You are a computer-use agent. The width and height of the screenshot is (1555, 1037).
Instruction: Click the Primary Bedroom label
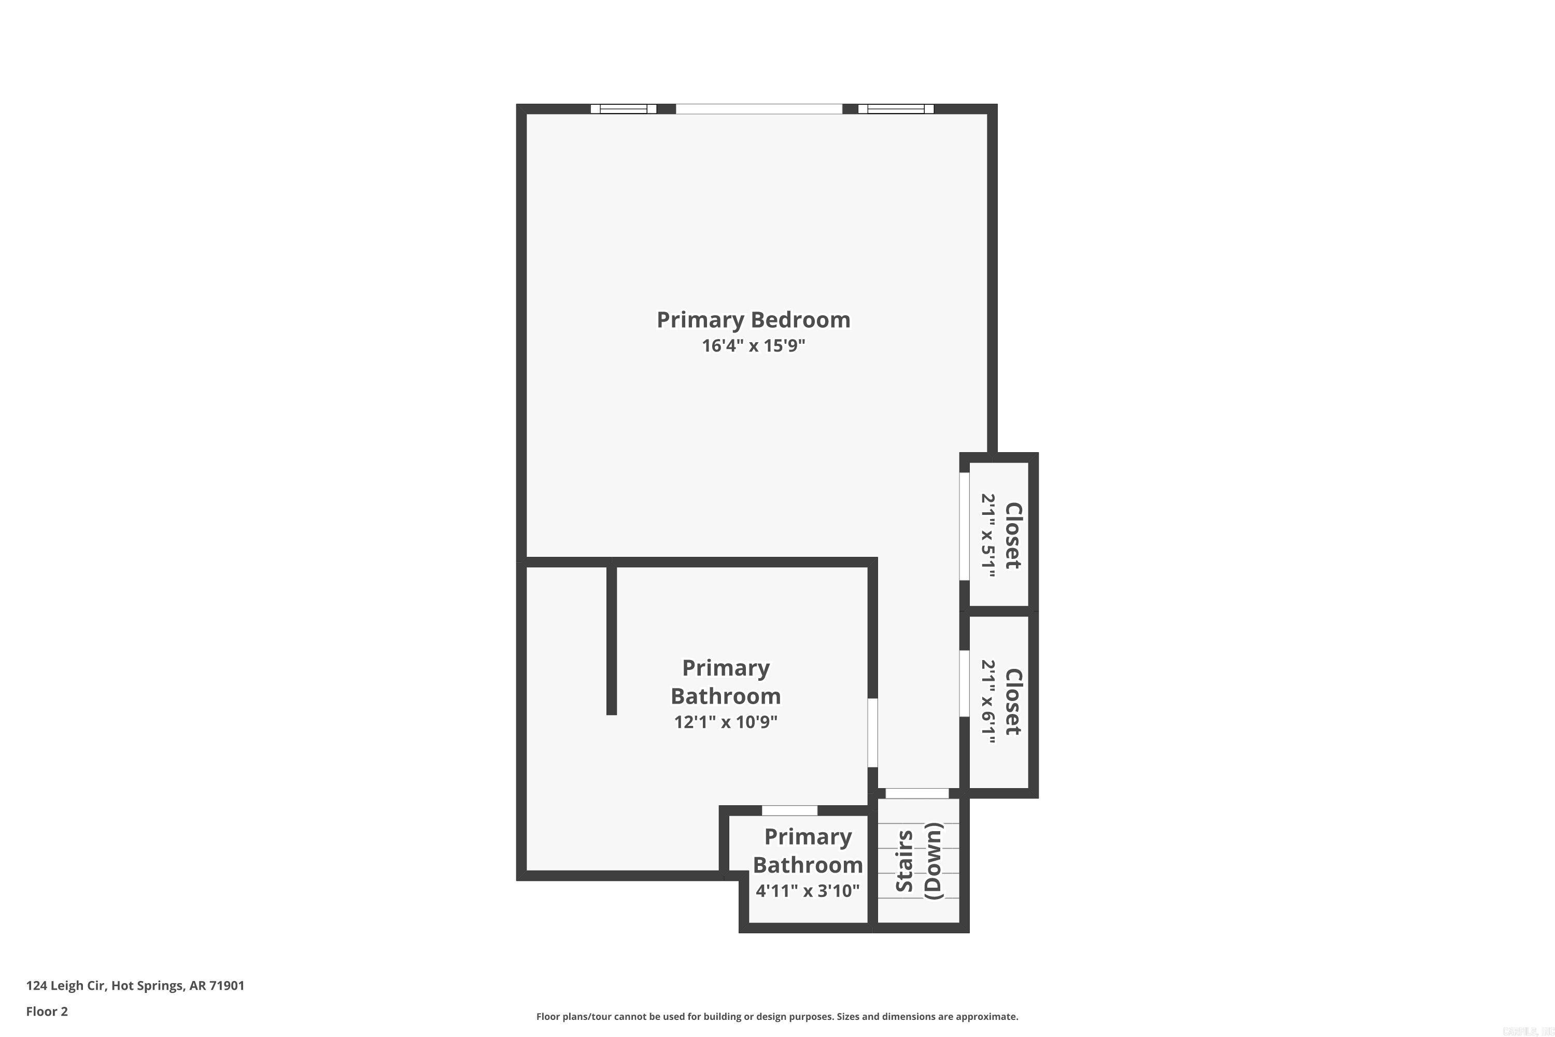click(753, 320)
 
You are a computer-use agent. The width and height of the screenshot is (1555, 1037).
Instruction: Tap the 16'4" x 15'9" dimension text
click(753, 346)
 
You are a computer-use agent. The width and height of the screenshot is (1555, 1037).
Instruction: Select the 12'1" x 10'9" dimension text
click(725, 722)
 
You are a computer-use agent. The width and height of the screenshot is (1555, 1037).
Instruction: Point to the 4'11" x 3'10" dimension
click(807, 891)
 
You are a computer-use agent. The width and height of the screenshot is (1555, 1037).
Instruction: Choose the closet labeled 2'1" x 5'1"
click(999, 535)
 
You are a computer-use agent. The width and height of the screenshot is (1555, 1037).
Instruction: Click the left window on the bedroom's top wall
click(624, 109)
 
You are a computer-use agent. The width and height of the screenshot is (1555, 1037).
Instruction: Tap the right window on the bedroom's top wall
click(896, 109)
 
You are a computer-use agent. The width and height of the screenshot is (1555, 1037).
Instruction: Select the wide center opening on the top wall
click(759, 109)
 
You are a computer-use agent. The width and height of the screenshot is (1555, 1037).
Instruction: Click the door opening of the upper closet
click(965, 526)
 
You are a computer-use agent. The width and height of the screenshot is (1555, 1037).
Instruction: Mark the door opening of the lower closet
click(965, 684)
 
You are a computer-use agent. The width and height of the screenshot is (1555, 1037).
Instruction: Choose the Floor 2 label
click(47, 1011)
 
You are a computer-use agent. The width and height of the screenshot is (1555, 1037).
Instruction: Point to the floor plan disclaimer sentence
click(777, 1016)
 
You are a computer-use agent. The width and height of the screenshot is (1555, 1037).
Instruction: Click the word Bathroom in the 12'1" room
click(725, 696)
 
